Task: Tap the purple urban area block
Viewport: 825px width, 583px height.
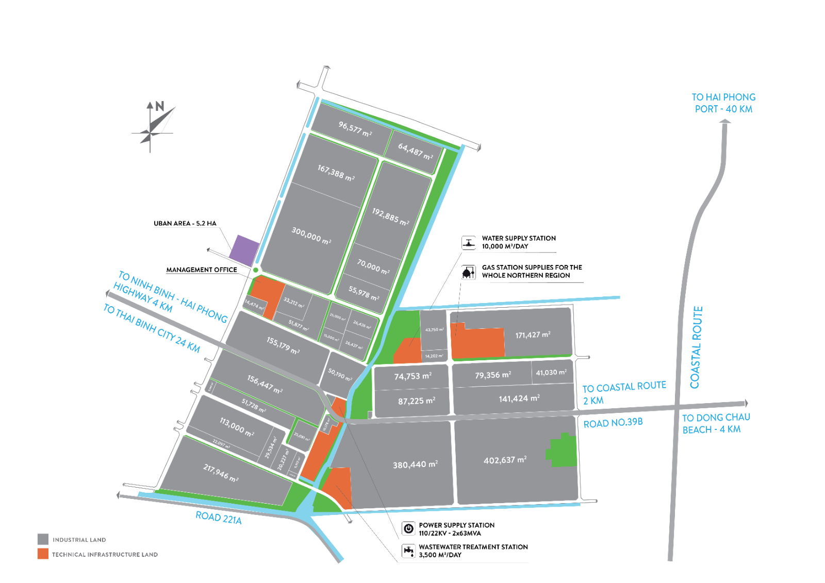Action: point(243,250)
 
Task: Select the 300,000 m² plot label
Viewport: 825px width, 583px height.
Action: point(311,235)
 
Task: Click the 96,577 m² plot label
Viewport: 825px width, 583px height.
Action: point(355,128)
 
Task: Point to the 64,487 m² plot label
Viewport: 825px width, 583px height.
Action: point(415,151)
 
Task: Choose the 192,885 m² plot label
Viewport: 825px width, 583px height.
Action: point(390,216)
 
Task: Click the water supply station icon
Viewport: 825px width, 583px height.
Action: point(468,242)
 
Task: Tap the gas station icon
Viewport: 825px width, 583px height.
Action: point(468,272)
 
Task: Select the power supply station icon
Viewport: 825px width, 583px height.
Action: point(408,528)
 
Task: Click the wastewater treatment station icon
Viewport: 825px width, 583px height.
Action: point(408,551)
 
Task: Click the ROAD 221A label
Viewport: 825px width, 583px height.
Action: point(219,518)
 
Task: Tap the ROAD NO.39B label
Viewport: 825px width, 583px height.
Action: point(613,423)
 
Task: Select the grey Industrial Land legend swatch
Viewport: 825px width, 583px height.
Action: point(43,539)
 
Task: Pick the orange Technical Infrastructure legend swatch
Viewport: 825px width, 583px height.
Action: point(43,554)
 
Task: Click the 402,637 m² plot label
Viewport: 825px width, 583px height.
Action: point(505,460)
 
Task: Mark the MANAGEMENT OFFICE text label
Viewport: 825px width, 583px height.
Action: point(202,270)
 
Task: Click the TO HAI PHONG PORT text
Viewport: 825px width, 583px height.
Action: point(723,103)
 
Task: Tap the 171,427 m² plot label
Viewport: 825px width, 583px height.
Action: point(533,335)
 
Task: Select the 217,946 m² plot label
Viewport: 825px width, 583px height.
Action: point(221,473)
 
